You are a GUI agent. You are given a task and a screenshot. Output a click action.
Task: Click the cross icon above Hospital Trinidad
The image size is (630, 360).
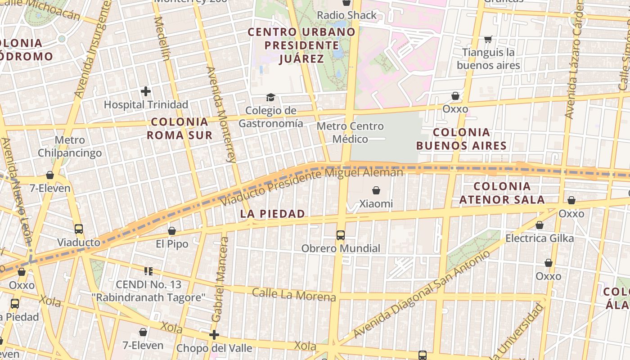[146, 92]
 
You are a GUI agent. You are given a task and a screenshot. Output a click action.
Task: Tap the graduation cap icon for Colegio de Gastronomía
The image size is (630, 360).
[270, 97]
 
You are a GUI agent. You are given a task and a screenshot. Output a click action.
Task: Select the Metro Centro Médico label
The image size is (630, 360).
[350, 133]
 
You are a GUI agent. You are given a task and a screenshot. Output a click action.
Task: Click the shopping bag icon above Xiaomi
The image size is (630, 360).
[376, 190]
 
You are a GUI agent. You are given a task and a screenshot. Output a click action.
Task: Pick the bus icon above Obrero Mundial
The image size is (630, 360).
[341, 235]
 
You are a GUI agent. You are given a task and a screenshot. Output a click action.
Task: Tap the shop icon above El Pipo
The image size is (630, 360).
[171, 231]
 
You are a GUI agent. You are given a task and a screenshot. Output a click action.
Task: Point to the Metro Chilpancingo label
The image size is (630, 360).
[70, 147]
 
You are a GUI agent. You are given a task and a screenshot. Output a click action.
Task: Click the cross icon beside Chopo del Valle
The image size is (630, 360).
[214, 335]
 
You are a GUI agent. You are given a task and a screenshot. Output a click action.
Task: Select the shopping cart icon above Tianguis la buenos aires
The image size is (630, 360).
[488, 40]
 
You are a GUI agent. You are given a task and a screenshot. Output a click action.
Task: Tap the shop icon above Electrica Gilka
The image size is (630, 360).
[540, 225]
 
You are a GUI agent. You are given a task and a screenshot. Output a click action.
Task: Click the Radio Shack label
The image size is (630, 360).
[346, 15]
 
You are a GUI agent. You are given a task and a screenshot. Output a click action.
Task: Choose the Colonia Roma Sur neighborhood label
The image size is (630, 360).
[180, 128]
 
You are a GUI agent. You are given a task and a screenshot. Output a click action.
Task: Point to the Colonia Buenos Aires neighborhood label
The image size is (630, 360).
[461, 139]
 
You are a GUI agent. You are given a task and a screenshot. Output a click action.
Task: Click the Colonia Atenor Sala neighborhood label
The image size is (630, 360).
[502, 193]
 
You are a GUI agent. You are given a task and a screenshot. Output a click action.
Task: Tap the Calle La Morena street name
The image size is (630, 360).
[294, 294]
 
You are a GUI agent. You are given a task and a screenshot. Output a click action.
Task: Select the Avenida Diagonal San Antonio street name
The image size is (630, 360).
[422, 295]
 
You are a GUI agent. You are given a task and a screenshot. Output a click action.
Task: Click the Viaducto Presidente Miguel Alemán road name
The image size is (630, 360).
[312, 186]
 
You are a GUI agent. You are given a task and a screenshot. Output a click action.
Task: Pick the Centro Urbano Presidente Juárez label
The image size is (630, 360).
[301, 45]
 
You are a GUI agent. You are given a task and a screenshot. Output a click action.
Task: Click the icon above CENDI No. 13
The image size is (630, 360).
[148, 271]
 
